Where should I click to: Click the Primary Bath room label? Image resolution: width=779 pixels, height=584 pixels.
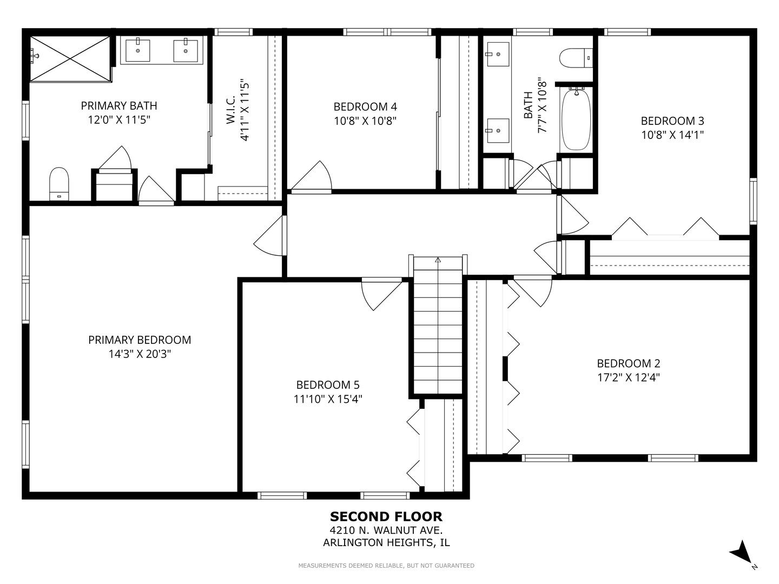[119, 105]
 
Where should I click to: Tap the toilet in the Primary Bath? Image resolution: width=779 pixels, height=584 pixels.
[59, 184]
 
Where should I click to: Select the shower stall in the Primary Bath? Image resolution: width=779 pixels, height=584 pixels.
[70, 59]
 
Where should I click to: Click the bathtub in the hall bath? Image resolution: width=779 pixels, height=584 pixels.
[576, 119]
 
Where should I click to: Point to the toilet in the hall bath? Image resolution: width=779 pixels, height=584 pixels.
[576, 58]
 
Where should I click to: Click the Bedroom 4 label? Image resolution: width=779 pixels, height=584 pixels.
[365, 107]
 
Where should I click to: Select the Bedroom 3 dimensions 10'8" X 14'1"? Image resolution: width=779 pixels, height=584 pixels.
[672, 135]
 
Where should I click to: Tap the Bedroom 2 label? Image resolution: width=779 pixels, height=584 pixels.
[628, 363]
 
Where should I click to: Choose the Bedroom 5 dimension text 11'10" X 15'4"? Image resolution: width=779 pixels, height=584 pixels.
[328, 399]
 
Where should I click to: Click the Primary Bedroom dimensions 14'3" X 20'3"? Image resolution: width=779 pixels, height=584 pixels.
[140, 354]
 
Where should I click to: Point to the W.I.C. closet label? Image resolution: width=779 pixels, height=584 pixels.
[230, 109]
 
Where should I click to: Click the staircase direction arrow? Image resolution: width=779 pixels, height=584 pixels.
[438, 260]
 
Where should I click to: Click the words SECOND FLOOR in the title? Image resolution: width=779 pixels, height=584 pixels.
[386, 516]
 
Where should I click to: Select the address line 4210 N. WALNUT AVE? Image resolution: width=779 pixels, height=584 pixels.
[386, 530]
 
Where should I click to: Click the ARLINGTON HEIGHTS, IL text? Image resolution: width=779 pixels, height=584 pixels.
[386, 542]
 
